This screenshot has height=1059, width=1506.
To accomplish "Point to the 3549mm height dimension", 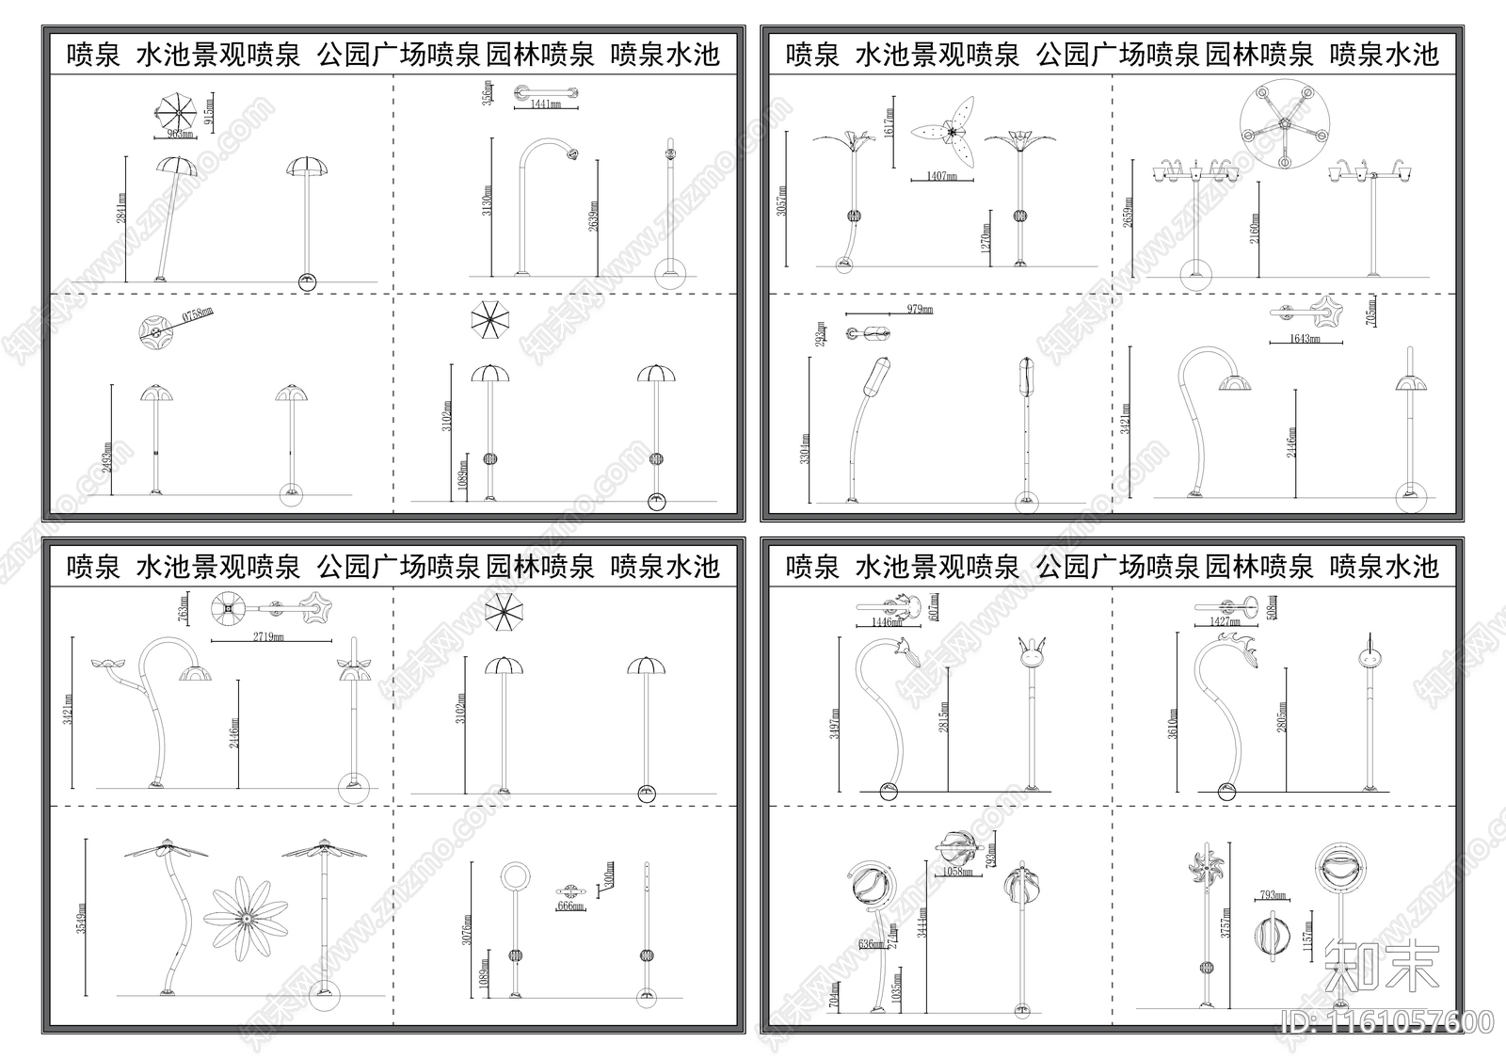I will pyautogui.click(x=83, y=921).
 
